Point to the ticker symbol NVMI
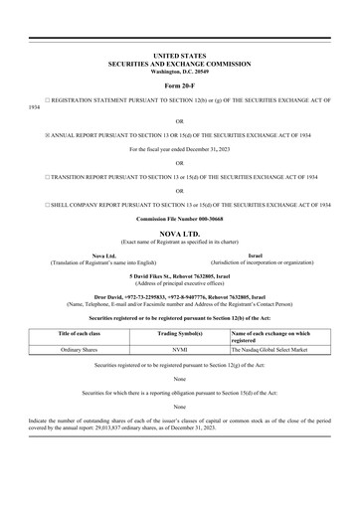(x=179, y=350)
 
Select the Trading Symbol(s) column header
(x=179, y=334)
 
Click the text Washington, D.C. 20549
(x=179, y=73)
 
